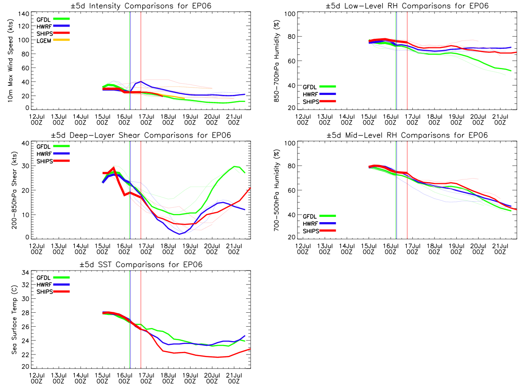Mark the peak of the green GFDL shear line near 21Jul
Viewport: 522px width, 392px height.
point(235,166)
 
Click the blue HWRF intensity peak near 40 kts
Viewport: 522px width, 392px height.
point(141,81)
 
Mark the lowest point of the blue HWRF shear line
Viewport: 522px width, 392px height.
point(179,234)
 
